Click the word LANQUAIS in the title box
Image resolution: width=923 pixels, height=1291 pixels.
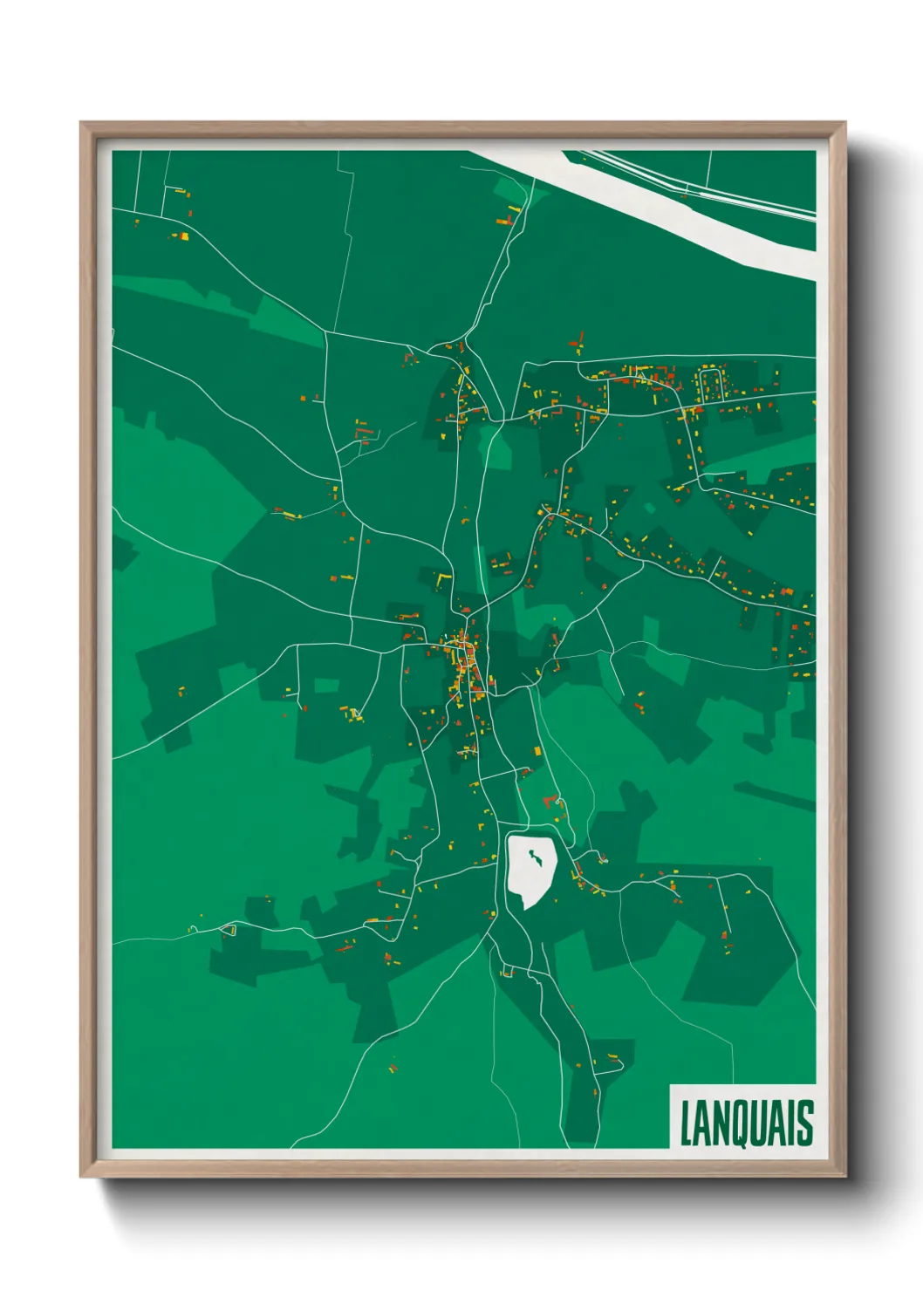(x=746, y=1124)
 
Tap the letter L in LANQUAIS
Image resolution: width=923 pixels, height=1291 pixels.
(x=686, y=1124)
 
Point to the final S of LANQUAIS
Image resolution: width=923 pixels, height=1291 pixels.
(x=805, y=1124)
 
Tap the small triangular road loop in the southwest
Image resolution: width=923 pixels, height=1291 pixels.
(x=229, y=930)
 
